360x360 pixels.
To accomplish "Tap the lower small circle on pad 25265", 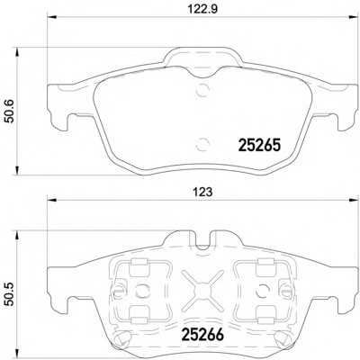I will pyautogui.click(x=202, y=141).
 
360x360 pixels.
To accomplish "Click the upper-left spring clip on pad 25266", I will pyautogui.click(x=137, y=267).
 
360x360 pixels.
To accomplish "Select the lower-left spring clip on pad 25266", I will pyautogui.click(x=137, y=313).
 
